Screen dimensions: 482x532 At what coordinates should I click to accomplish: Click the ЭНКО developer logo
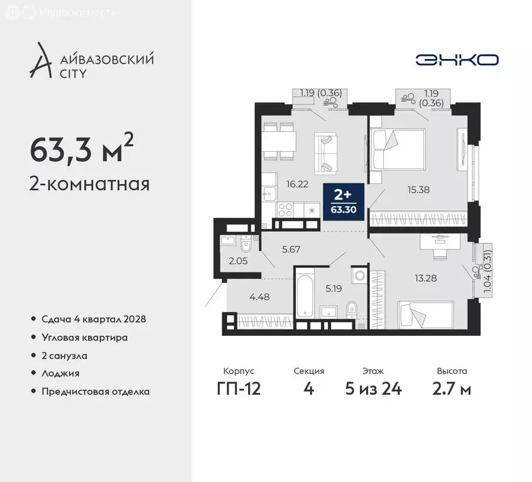[457, 60]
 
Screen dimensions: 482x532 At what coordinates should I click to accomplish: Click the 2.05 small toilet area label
[238, 262]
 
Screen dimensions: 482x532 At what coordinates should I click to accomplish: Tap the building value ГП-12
[238, 389]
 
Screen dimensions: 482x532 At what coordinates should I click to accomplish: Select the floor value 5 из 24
[375, 389]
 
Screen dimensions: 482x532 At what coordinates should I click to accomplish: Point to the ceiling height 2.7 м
[452, 389]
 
